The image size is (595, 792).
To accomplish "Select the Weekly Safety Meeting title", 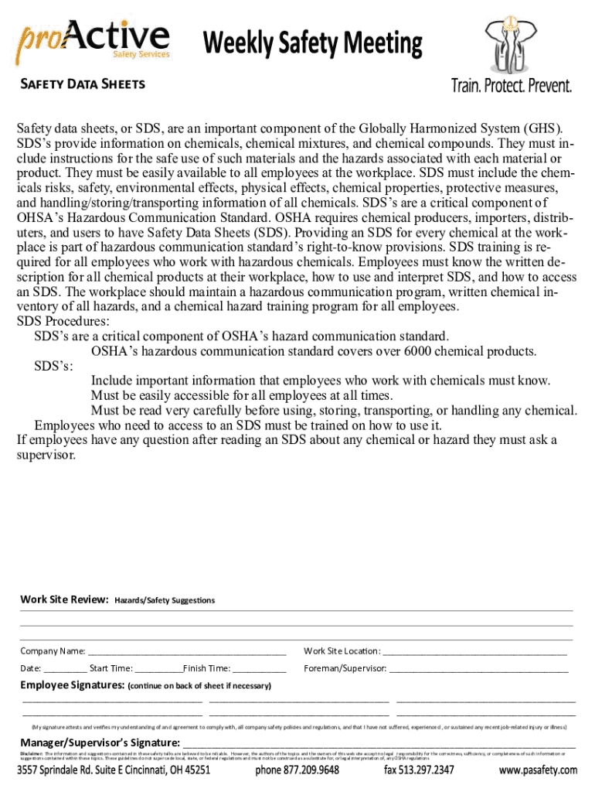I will [313, 44].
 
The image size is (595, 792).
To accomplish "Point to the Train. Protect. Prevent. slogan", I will [512, 85].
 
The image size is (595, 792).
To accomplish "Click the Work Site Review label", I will [64, 599].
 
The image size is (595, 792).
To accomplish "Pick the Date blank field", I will [66, 669].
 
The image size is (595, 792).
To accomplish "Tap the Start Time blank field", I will [158, 669].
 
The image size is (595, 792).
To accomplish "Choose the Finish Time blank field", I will [259, 669].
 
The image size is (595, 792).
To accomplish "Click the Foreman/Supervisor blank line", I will [478, 669].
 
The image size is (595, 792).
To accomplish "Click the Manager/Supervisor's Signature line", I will [379, 744].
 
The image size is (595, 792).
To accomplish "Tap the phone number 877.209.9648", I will [297, 770].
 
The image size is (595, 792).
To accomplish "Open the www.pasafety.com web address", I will [538, 770].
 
